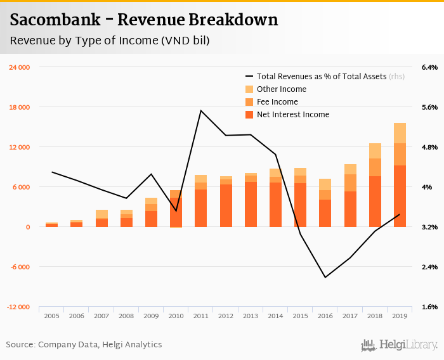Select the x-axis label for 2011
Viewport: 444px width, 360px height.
(x=201, y=316)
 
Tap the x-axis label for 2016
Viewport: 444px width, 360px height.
(x=325, y=316)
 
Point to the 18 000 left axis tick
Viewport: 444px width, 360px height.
(x=19, y=107)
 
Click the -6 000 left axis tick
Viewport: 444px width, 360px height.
(x=19, y=267)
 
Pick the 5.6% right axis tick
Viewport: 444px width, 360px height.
(x=429, y=107)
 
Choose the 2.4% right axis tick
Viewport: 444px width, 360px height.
(x=429, y=267)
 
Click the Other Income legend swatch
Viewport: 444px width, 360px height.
(x=249, y=89)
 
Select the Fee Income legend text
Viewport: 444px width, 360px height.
(x=277, y=102)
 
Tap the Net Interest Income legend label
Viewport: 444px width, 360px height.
(x=293, y=115)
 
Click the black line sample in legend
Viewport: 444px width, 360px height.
(x=249, y=77)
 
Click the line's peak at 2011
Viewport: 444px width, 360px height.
(x=201, y=111)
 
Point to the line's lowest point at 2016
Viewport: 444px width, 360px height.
(x=325, y=277)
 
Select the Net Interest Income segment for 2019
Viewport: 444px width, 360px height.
(x=400, y=196)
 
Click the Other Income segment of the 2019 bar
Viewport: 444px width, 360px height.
(x=400, y=133)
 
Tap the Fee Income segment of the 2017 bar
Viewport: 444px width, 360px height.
(x=350, y=183)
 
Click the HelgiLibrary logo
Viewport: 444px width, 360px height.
(x=399, y=345)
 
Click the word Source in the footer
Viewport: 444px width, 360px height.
(x=20, y=345)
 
